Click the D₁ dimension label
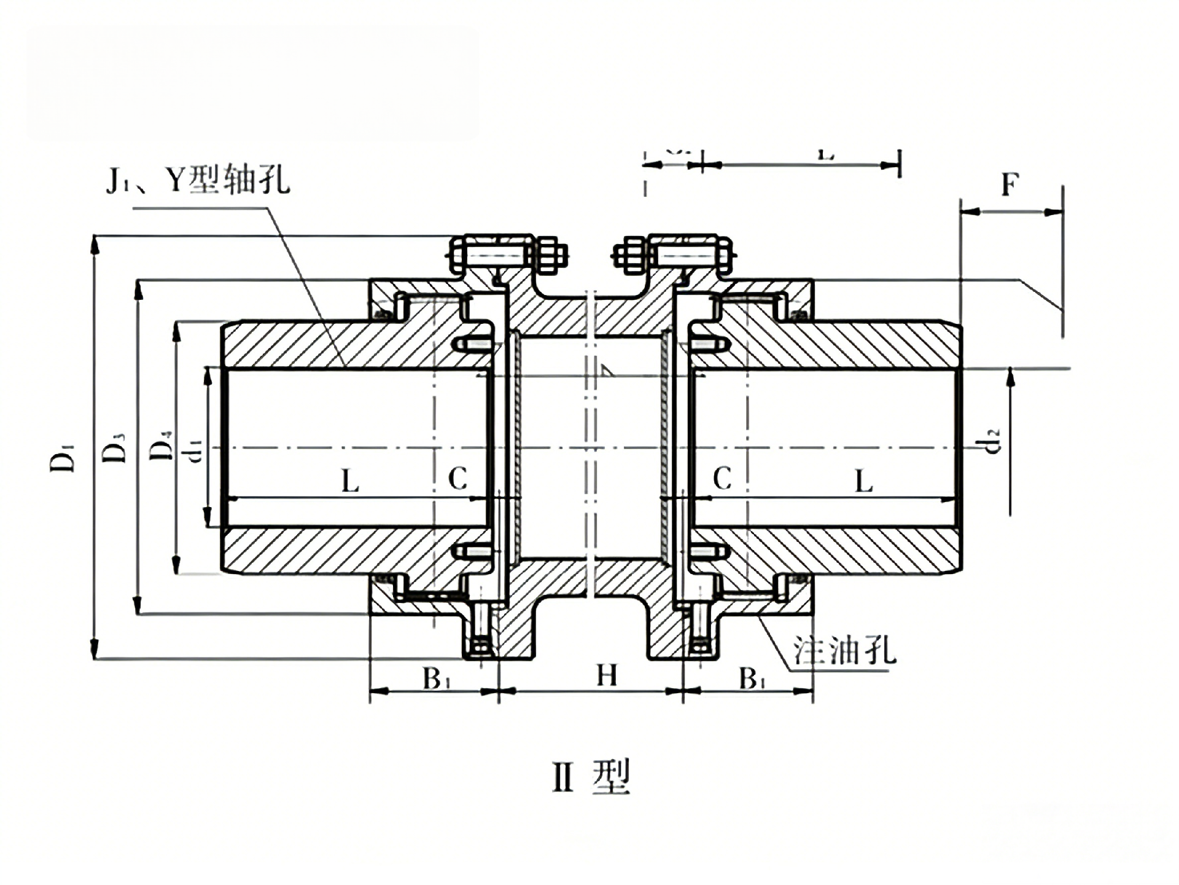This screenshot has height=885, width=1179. [63, 455]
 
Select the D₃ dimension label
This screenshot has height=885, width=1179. [114, 447]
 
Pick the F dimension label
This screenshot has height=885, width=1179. [1010, 184]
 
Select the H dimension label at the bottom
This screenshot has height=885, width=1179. [607, 676]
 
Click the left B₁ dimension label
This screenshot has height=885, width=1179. [437, 679]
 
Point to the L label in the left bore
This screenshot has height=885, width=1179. [350, 481]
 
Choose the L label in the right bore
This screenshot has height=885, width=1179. [863, 481]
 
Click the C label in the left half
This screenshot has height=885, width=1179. [457, 478]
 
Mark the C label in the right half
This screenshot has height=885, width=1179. [722, 478]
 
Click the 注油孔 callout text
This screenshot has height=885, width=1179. [844, 650]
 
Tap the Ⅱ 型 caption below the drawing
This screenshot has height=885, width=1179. [591, 777]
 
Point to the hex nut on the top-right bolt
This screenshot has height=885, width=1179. [628, 255]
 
